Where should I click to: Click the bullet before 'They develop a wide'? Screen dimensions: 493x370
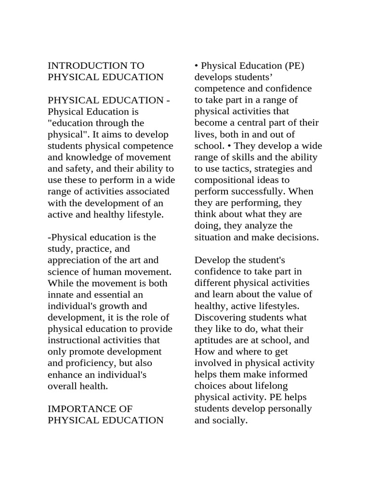[x=230, y=146]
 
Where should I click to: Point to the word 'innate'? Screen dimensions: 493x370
[x=60, y=295]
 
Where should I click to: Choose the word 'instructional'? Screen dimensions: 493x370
[x=76, y=340]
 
